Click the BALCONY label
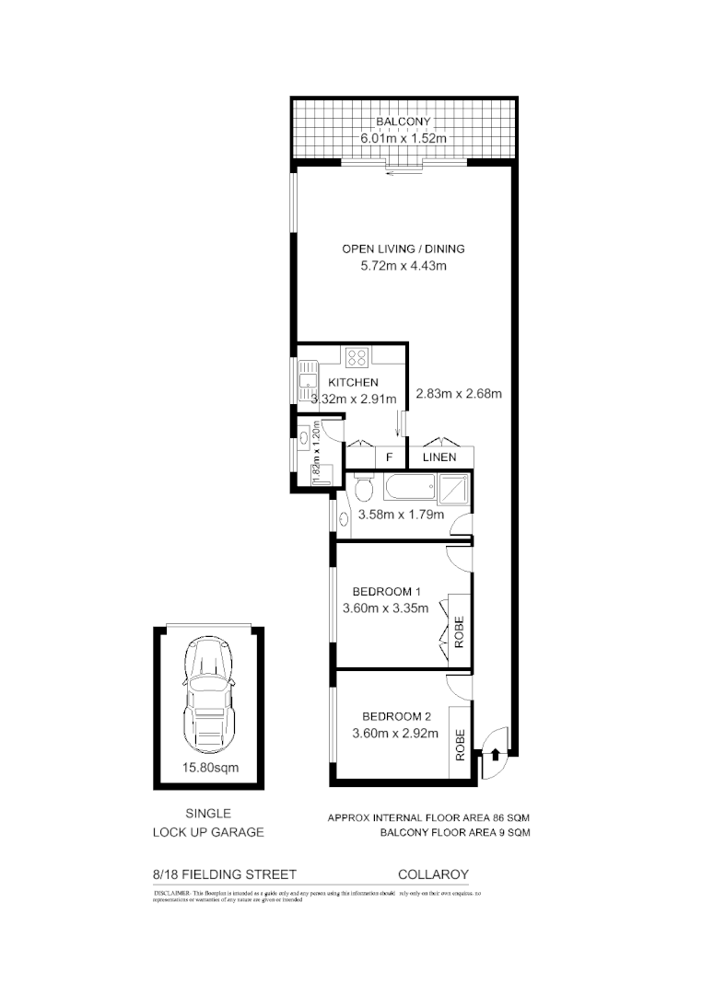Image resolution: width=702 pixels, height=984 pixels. (x=403, y=122)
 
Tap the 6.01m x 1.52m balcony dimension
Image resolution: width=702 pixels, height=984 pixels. (x=403, y=138)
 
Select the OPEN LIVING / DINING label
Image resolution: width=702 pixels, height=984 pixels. (x=403, y=249)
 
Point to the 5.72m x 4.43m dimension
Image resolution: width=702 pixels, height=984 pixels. (x=403, y=266)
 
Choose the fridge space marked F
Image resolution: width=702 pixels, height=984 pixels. (x=391, y=457)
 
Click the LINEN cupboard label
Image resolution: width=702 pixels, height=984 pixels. (x=439, y=457)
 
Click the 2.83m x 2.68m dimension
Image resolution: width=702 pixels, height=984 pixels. (x=458, y=395)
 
